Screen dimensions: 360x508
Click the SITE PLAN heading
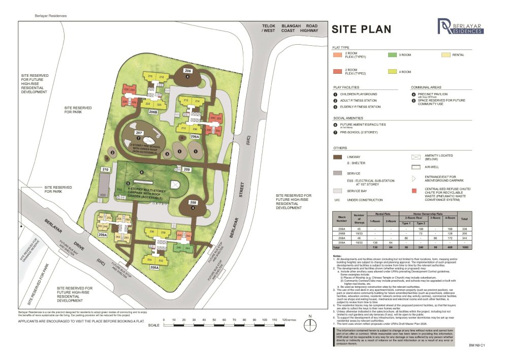[x=362, y=29]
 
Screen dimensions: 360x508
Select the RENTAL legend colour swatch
[x=446, y=54]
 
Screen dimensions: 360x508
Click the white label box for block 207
[x=138, y=133]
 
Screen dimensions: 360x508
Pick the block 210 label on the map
[x=106, y=169]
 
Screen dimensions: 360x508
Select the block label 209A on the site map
[x=103, y=235]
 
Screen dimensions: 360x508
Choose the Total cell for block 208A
[x=463, y=238]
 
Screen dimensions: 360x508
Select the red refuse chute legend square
[x=414, y=192]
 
